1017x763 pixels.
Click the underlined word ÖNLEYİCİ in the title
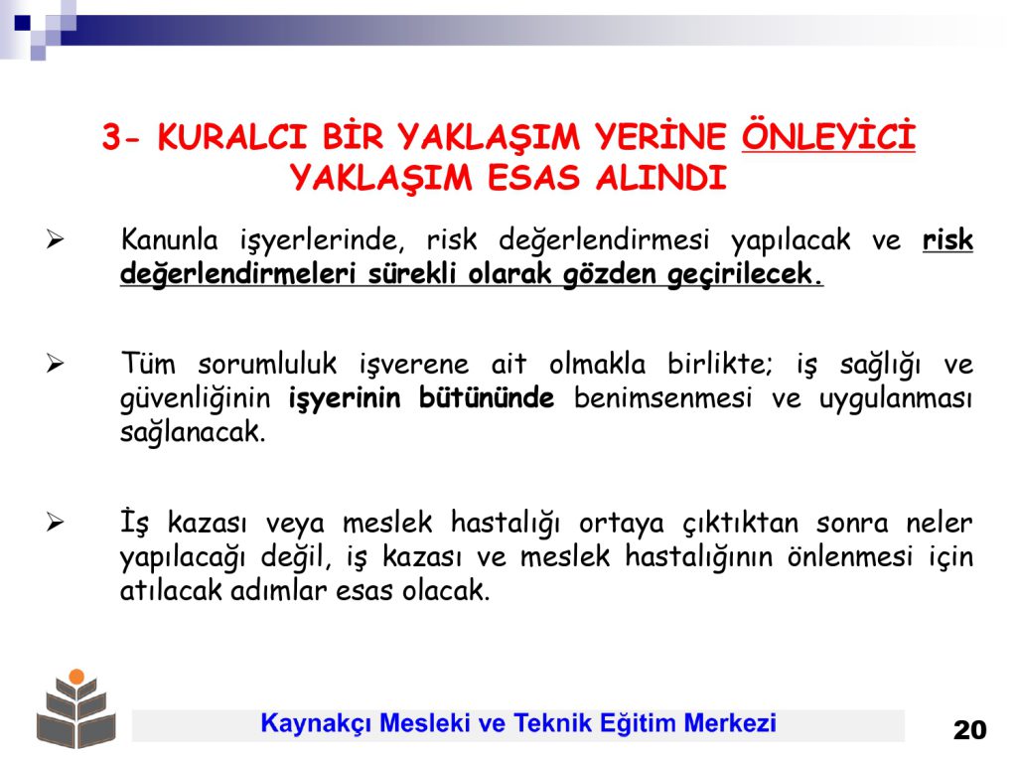[828, 135]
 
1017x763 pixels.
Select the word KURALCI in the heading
[232, 137]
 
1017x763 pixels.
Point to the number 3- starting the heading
[120, 137]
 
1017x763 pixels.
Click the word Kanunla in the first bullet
[169, 239]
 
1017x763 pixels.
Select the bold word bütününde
[487, 397]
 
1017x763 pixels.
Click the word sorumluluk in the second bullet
[267, 364]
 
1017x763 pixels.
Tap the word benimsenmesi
[662, 397]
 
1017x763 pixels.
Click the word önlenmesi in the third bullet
[850, 556]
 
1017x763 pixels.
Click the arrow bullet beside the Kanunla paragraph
[56, 240]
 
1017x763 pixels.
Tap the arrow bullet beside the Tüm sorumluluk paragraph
[56, 364]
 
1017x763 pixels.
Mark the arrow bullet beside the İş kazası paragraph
[56, 523]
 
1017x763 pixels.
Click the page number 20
[969, 730]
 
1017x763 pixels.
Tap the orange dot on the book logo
[76, 676]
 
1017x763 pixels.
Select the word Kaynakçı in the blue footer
[316, 723]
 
